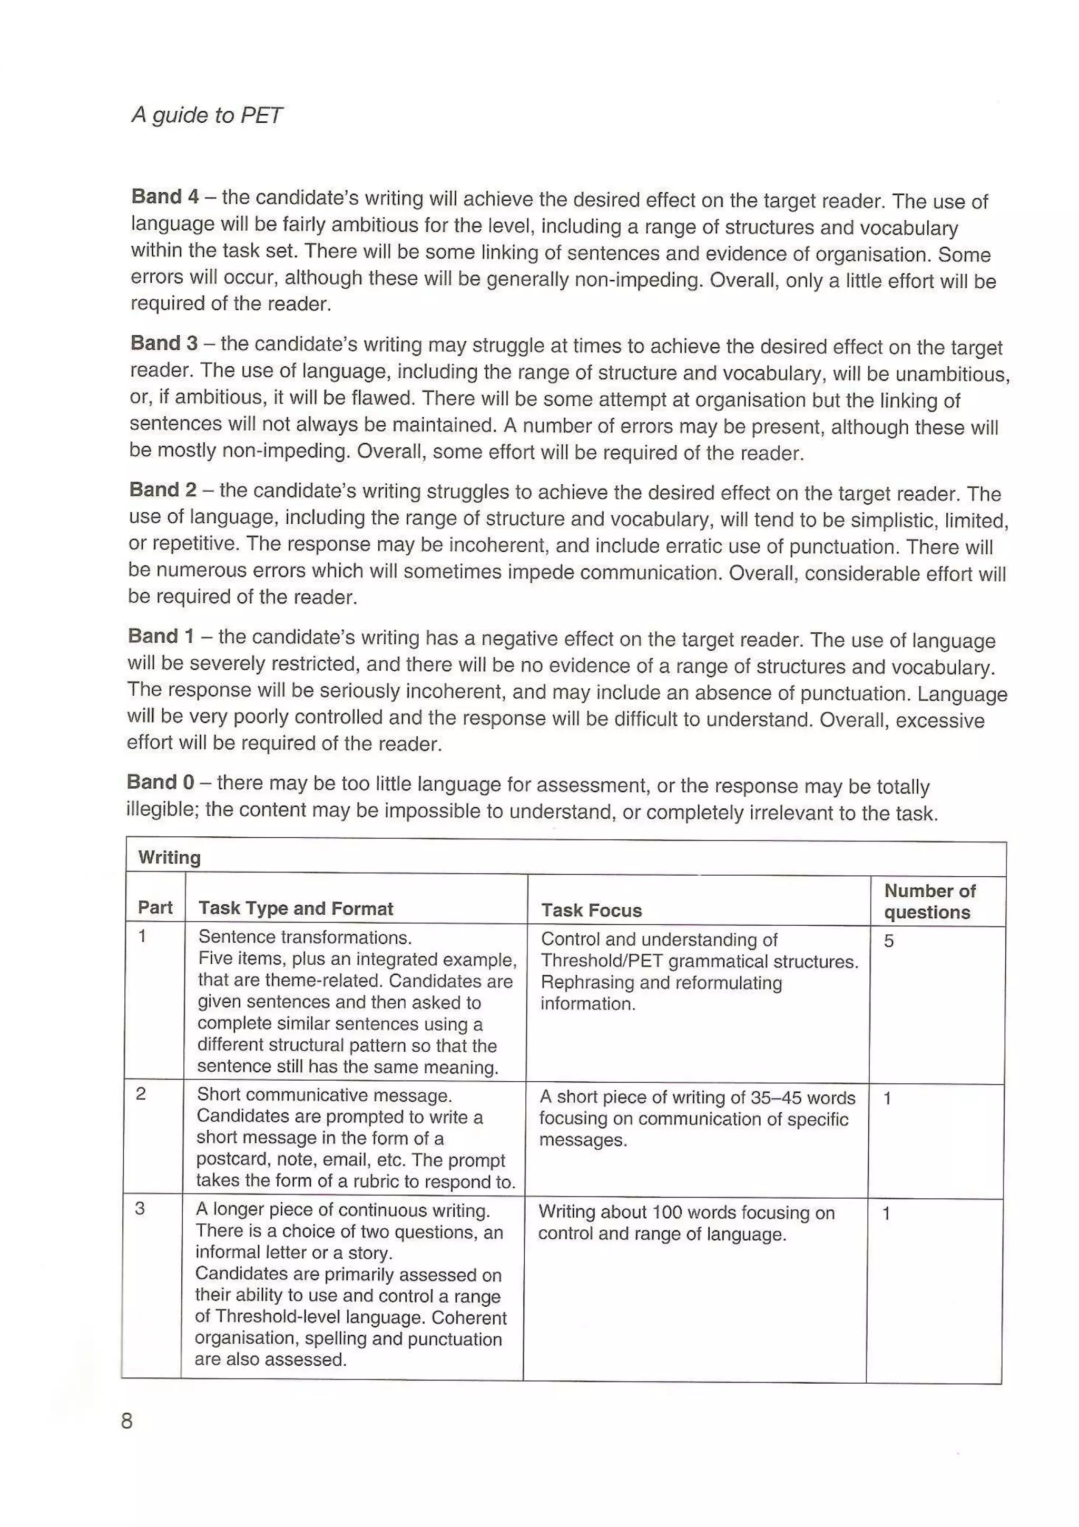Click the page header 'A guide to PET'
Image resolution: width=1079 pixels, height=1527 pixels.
(x=207, y=115)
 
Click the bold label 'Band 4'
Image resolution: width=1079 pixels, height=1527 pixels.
(x=165, y=197)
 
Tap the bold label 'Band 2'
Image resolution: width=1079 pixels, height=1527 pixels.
(x=163, y=490)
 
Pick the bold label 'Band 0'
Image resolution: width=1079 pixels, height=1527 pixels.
(x=160, y=781)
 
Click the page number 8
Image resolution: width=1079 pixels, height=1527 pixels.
(x=127, y=1421)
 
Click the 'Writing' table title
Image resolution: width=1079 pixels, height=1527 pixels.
(x=169, y=857)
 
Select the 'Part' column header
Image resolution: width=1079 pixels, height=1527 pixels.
(x=155, y=907)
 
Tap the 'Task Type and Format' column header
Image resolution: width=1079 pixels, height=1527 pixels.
(x=296, y=908)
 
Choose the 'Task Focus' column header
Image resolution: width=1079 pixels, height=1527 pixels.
(x=591, y=911)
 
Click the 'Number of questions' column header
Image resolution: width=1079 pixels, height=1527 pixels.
(x=929, y=901)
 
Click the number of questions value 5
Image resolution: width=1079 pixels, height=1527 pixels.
(x=889, y=941)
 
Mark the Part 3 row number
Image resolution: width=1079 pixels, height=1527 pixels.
(x=140, y=1208)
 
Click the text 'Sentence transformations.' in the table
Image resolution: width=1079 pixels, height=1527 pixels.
(x=305, y=937)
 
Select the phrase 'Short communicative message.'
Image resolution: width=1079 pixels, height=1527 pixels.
(x=324, y=1095)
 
